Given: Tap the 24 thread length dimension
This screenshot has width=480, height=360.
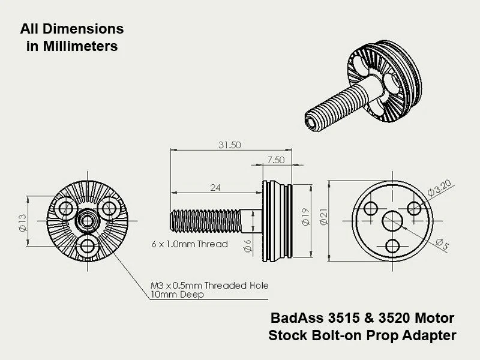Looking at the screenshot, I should click(215, 188).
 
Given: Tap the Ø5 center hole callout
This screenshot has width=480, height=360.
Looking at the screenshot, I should click(442, 243).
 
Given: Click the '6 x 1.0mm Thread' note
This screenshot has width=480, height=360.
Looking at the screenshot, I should click(189, 244).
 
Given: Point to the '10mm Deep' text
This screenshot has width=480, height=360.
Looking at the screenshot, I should click(177, 295).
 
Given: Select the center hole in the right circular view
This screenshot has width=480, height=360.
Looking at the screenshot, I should click(394, 221).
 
